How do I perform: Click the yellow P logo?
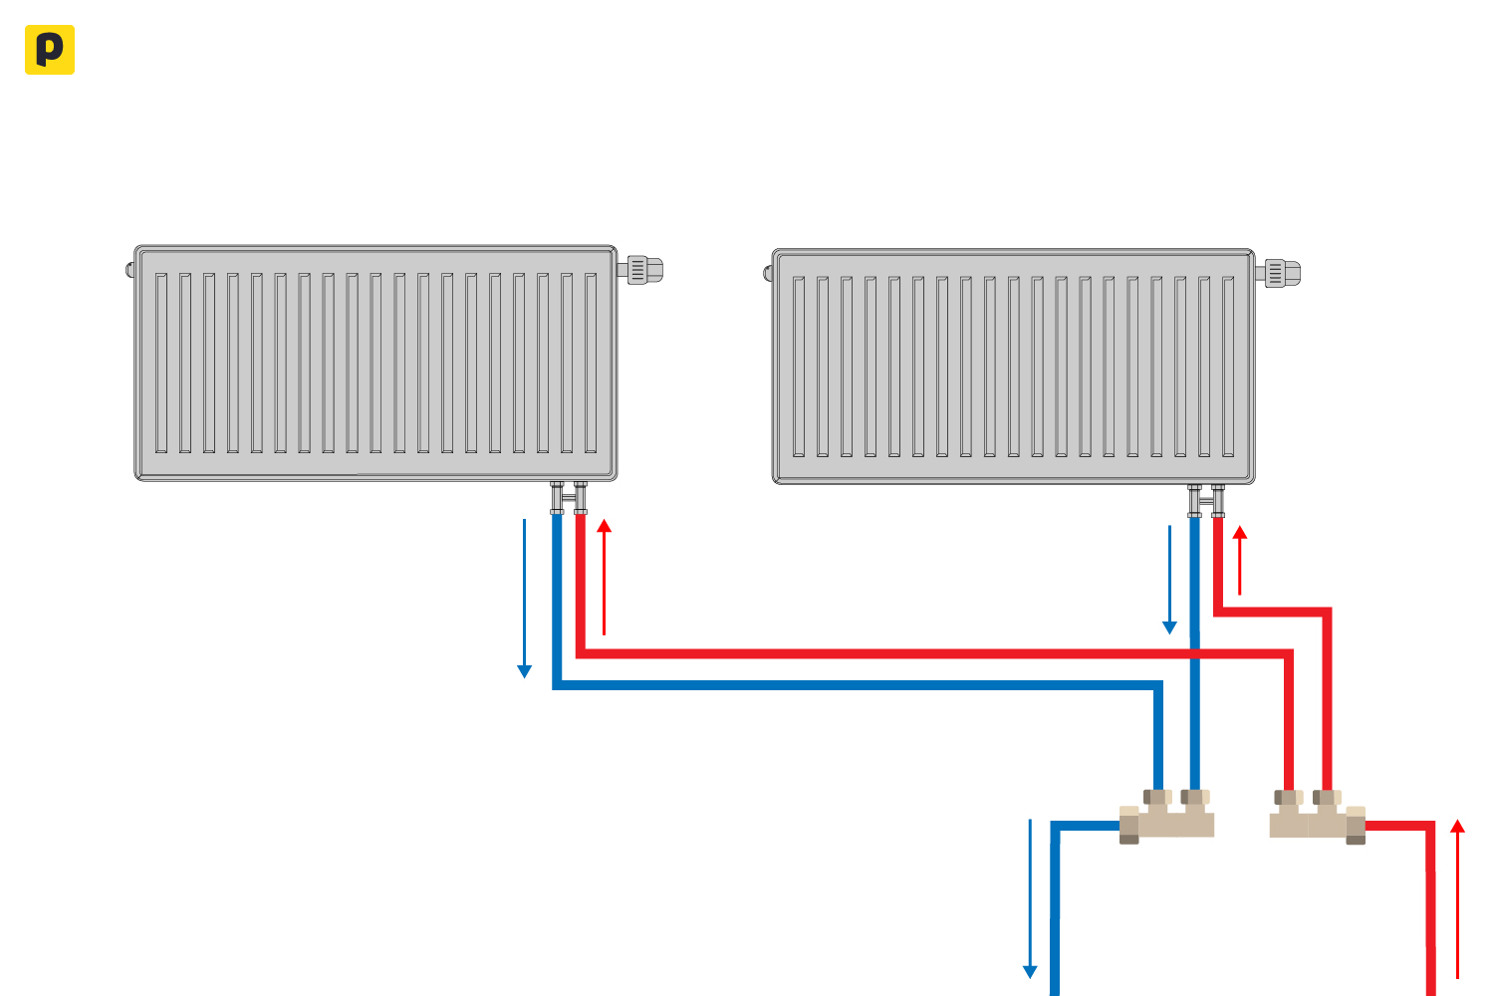[x=49, y=50]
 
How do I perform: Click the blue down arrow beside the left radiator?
[x=524, y=598]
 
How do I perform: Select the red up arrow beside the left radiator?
[x=604, y=577]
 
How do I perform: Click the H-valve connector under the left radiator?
[x=569, y=497]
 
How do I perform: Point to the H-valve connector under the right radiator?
[x=1206, y=500]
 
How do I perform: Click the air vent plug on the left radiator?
[x=130, y=269]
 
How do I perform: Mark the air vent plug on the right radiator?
[x=768, y=272]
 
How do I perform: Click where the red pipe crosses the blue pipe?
[x=1194, y=653]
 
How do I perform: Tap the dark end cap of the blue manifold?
[x=1128, y=826]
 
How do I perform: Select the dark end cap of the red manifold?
[x=1356, y=826]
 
